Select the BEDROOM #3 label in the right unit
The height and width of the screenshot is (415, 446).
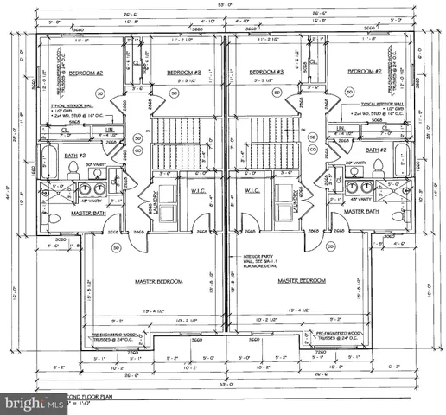(x=266, y=73)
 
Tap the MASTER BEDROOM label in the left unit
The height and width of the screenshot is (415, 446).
(x=157, y=281)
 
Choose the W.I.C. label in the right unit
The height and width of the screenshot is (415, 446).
(x=253, y=191)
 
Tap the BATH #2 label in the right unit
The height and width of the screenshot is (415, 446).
(x=376, y=150)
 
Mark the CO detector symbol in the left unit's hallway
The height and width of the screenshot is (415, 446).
(x=137, y=150)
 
